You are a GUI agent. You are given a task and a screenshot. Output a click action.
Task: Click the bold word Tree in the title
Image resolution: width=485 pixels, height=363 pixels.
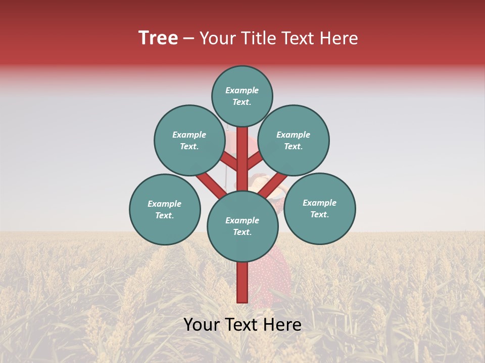pyautogui.click(x=158, y=38)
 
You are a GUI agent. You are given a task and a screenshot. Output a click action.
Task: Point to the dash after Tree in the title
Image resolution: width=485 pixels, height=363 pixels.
pyautogui.click(x=188, y=38)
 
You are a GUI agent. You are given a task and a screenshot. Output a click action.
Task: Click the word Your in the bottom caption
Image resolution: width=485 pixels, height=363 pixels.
pyautogui.click(x=202, y=325)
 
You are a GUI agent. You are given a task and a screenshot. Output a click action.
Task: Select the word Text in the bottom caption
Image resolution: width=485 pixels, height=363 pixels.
pyautogui.click(x=243, y=325)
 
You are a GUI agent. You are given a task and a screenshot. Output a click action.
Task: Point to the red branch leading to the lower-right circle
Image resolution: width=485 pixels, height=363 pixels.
pyautogui.click(x=275, y=184)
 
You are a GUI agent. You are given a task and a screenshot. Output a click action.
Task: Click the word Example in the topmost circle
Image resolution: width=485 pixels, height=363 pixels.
pyautogui.click(x=242, y=90)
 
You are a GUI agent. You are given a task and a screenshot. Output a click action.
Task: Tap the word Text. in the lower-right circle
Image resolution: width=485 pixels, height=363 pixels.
pyautogui.click(x=319, y=214)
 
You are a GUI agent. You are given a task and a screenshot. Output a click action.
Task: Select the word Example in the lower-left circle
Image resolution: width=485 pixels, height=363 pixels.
pyautogui.click(x=164, y=204)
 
